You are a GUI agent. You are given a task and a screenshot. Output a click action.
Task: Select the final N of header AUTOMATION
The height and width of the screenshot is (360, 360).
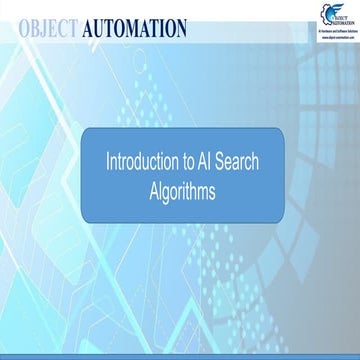click(179, 27)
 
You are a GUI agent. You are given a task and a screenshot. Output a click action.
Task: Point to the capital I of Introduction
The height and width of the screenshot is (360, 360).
click(109, 160)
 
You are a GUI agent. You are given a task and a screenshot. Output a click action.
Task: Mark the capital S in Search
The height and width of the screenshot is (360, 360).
click(225, 160)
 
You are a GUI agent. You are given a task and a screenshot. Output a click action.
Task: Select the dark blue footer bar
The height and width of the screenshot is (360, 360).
click(180, 354)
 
